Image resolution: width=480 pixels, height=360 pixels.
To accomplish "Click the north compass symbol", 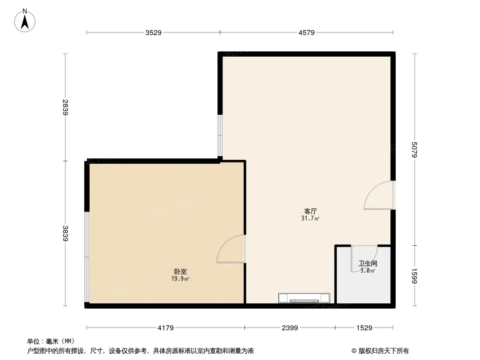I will click(x=25, y=20).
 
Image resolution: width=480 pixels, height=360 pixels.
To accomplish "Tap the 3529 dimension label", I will click(x=153, y=32).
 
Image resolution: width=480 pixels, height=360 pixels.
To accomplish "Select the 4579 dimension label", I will click(x=306, y=32).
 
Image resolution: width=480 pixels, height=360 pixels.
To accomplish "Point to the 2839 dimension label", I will click(x=66, y=108).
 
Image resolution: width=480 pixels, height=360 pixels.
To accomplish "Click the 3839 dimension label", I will click(x=66, y=234).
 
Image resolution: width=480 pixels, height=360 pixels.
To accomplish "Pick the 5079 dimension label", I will click(x=415, y=150).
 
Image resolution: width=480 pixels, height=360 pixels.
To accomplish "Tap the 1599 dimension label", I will click(x=415, y=275).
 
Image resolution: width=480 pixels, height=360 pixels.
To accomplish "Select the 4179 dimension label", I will click(x=166, y=328).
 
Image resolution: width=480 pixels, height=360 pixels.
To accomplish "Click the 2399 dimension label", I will click(x=290, y=328).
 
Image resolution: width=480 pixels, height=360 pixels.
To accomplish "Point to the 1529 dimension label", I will click(x=364, y=328).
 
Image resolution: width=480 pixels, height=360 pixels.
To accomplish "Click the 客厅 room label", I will click(x=310, y=211).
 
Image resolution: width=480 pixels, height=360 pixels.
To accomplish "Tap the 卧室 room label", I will click(x=181, y=272).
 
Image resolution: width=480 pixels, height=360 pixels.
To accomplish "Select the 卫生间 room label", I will click(x=367, y=264).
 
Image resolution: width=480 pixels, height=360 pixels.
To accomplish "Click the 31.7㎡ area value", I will click(x=310, y=219).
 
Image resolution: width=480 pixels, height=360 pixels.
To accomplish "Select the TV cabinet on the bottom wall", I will click(x=304, y=298).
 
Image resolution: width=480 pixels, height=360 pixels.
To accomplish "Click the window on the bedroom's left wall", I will click(x=87, y=257).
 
